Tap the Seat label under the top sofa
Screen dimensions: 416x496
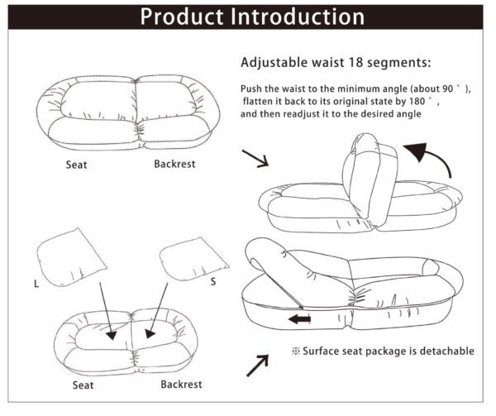[77, 165]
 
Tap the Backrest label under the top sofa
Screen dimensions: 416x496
[174, 164]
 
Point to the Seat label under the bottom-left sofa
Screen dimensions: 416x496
[83, 385]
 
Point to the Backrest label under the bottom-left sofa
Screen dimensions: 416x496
[181, 385]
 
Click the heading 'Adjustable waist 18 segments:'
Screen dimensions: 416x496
[336, 62]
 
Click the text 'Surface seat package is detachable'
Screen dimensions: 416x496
[388, 351]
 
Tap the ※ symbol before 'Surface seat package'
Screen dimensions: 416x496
[296, 351]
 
